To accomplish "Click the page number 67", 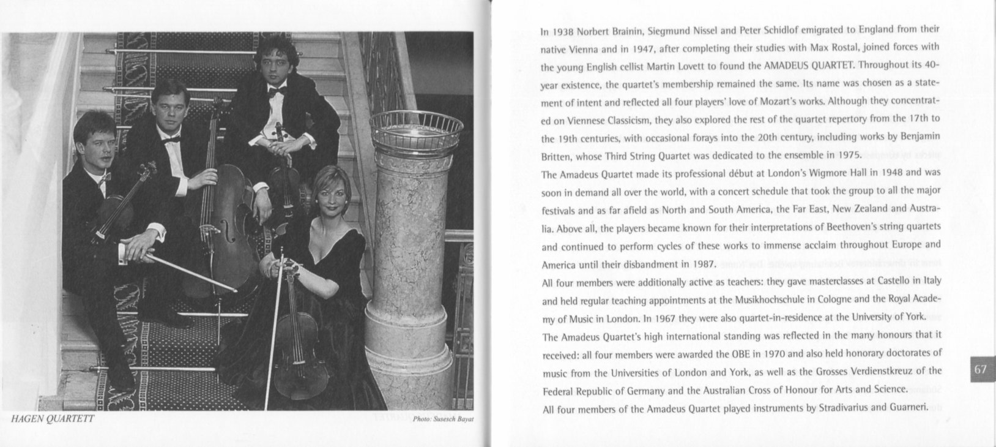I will coord(981,369).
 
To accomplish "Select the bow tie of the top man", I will coord(277,91).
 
